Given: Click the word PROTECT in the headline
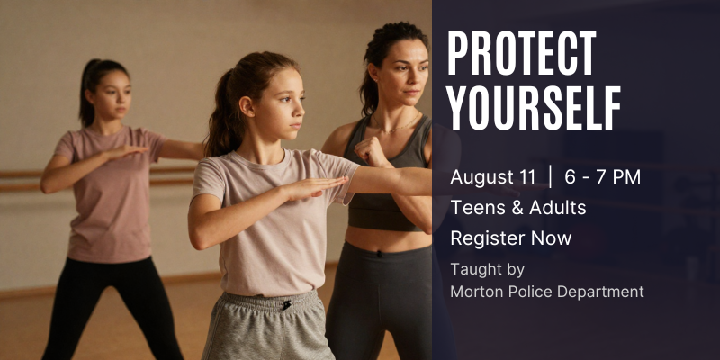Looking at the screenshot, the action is tap(522, 53).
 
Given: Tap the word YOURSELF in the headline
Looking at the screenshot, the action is tap(534, 107).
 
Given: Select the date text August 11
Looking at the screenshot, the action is tap(492, 176).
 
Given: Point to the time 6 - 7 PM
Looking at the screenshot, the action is tap(602, 176).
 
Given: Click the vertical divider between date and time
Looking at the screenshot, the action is tap(550, 177).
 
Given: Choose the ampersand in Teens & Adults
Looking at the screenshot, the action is tap(517, 208).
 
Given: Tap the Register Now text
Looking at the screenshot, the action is tap(510, 238).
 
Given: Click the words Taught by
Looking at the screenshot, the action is tap(487, 269).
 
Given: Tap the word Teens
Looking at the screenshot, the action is tap(478, 208).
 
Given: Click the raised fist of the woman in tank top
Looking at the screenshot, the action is tap(371, 151).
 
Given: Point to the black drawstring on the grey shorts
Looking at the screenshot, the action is tap(286, 304).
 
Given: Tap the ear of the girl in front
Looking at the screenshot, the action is tap(247, 106).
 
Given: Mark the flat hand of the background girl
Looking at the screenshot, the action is tap(126, 152).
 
